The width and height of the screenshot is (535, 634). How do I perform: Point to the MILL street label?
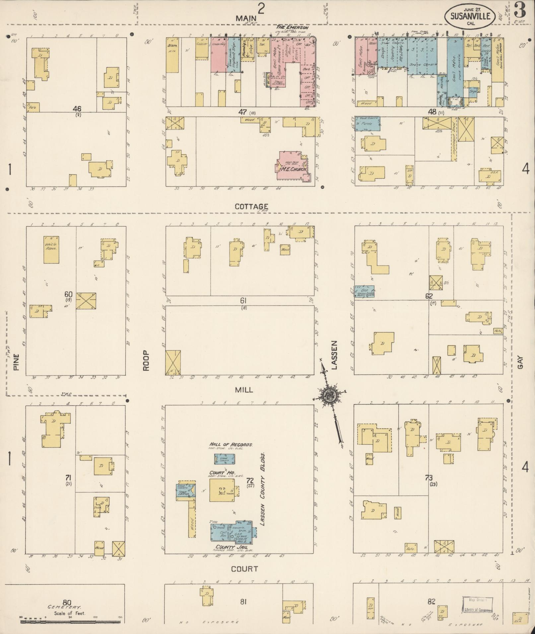click(244, 390)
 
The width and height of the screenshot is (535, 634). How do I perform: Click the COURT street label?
click(244, 569)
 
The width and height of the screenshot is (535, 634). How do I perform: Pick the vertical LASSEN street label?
click(334, 355)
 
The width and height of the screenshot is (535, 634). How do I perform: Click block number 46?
click(77, 109)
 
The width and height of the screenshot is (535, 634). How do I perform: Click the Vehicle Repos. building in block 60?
click(51, 250)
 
